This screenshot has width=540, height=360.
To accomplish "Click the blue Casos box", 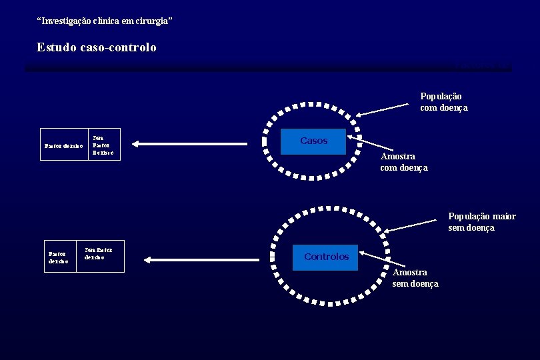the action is (313, 141).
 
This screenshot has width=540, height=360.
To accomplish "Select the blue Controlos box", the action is (325, 257).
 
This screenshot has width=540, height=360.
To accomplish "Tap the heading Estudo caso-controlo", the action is (97, 47).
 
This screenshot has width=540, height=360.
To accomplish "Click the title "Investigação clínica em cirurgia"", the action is (105, 21).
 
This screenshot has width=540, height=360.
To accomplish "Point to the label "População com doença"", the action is (443, 102).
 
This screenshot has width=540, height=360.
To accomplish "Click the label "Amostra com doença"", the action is (403, 162).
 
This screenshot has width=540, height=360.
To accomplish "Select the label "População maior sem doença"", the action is (481, 222).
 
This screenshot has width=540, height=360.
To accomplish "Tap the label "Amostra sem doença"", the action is (415, 278).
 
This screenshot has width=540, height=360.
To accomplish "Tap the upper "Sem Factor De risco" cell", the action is (105, 144).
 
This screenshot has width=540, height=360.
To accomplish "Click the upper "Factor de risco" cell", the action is (64, 145).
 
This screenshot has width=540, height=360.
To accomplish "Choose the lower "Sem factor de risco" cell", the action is (101, 255).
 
